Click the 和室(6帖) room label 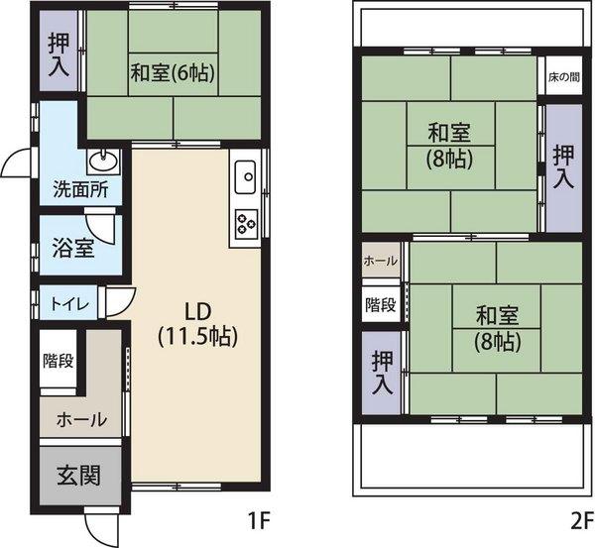[x=173, y=71]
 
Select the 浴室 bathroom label [x=73, y=247]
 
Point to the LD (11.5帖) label [x=197, y=321]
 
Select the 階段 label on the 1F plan [x=58, y=360]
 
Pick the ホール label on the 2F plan [x=381, y=261]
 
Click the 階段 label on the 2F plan [x=381, y=304]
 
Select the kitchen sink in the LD [x=246, y=178]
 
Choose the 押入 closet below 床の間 [x=563, y=166]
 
